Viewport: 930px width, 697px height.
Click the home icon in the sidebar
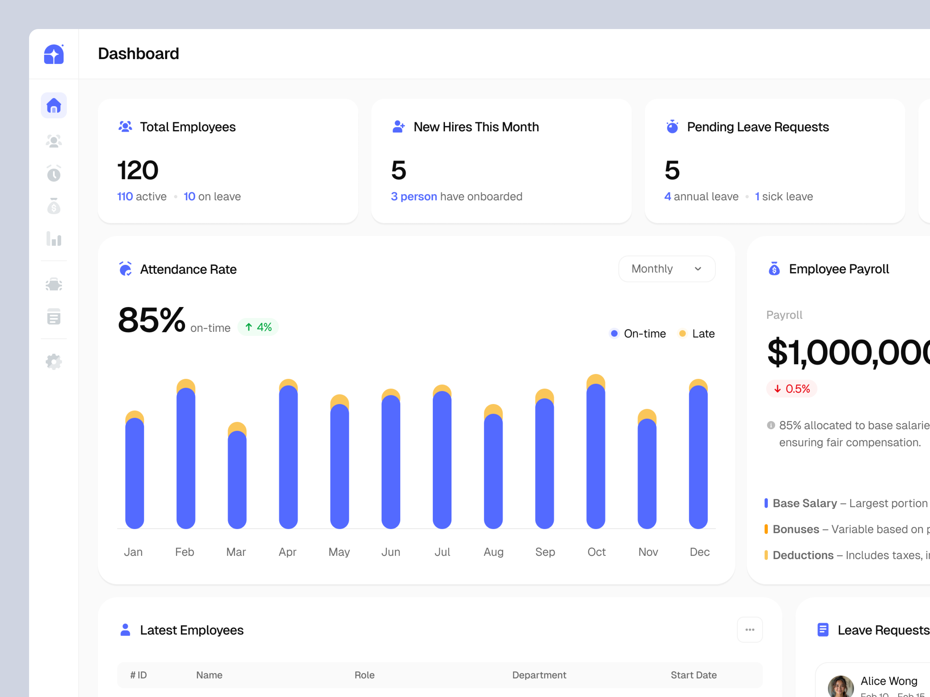(54, 106)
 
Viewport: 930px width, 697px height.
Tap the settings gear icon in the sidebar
(54, 361)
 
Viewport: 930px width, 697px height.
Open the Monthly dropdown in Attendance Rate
(666, 269)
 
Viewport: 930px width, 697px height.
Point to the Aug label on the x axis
(493, 552)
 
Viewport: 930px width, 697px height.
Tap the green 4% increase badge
(258, 327)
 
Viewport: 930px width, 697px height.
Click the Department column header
(539, 675)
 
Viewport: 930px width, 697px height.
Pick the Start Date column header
(693, 675)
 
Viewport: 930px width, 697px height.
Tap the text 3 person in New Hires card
(414, 197)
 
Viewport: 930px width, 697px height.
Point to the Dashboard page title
(138, 54)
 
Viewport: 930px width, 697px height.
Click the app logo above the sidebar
(54, 54)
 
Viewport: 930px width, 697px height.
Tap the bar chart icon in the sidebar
(54, 239)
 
